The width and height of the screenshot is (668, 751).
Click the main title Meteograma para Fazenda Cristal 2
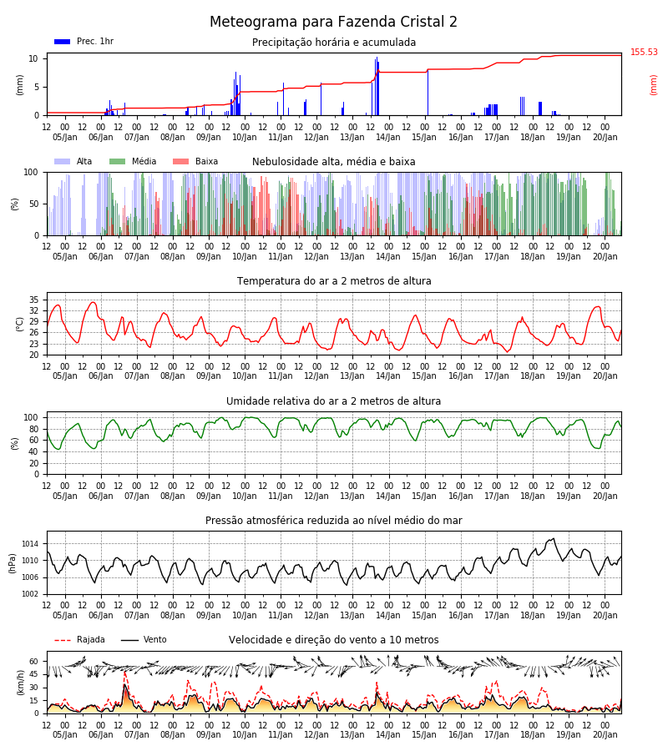tap(333, 22)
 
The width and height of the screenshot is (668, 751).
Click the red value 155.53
tap(644, 53)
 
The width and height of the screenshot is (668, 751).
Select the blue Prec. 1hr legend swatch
tap(63, 42)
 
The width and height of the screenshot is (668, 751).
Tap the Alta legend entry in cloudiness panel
tap(73, 161)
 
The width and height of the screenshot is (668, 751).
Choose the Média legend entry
tap(134, 161)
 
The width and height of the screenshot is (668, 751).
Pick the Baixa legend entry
tap(195, 161)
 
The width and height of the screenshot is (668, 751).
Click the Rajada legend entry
tap(79, 640)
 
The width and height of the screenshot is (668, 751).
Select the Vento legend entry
tap(144, 640)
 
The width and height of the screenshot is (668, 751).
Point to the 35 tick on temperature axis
tap(33, 300)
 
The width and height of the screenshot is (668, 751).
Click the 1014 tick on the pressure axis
tap(30, 543)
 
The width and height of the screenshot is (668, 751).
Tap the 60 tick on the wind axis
tap(33, 662)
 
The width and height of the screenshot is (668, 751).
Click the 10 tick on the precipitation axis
tap(33, 59)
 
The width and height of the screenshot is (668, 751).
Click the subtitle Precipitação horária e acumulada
tap(334, 43)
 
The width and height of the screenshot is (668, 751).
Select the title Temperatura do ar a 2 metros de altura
tap(334, 281)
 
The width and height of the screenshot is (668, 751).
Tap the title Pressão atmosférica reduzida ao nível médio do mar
tap(334, 521)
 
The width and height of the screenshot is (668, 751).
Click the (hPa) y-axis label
tap(13, 563)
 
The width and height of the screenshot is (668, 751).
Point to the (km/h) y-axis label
tap(20, 683)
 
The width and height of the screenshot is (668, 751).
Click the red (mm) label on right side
tap(653, 85)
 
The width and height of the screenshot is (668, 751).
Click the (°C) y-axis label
tap(20, 325)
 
